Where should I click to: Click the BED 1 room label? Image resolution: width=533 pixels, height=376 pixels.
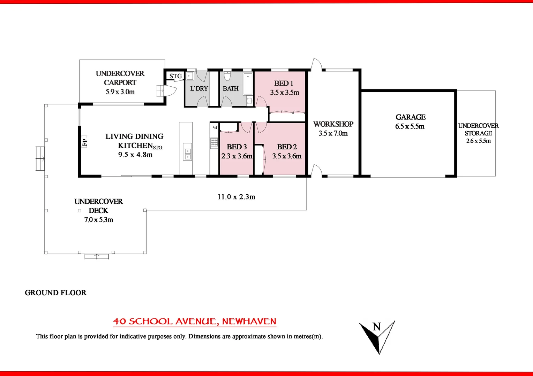pos(284,83)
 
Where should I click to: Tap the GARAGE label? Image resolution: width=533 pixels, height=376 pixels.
pos(411,117)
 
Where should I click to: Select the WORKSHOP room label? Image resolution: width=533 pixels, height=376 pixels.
pos(333,124)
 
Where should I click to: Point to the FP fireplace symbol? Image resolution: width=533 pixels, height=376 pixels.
pos(84,142)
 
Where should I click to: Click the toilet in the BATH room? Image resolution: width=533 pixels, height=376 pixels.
pos(227,76)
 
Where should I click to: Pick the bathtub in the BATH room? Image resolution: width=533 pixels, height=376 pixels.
pos(248,84)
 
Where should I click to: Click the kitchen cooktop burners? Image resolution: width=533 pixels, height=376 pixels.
pos(214,143)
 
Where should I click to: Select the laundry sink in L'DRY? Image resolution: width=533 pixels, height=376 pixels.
pos(190,76)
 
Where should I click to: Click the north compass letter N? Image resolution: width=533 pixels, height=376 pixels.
pos(376,327)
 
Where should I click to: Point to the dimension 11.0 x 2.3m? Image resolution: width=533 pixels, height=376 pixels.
pos(236,197)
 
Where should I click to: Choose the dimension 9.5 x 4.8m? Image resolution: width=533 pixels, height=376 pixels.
pos(135,155)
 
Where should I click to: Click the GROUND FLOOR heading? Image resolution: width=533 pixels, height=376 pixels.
pos(56,293)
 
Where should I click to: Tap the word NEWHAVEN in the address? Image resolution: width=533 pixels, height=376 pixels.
pos(249,321)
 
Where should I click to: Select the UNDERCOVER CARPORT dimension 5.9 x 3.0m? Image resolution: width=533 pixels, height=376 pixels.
pos(120,92)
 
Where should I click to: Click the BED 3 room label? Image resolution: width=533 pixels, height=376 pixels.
pos(237,147)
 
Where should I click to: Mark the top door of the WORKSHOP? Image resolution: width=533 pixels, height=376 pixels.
pos(316,65)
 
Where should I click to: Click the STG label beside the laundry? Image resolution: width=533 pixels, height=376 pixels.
pos(175,76)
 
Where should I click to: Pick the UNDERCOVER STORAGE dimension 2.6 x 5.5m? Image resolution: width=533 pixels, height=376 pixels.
pos(478,141)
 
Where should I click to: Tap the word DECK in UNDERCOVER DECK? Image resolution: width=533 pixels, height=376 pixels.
pos(98,211)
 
